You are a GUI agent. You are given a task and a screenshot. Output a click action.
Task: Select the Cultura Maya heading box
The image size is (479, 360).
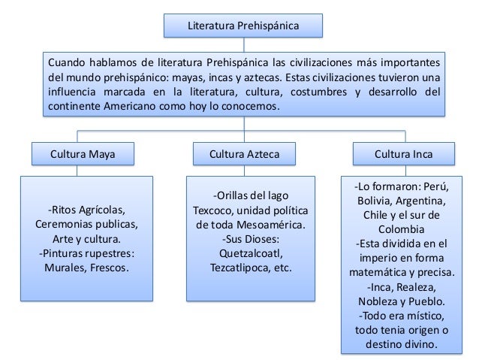pos(83,155)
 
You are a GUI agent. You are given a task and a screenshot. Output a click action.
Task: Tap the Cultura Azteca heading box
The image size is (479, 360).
pos(245,155)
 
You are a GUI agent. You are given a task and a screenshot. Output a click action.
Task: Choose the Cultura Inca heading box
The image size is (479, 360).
pos(403,155)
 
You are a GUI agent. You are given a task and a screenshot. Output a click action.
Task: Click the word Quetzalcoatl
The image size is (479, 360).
pos(245,253)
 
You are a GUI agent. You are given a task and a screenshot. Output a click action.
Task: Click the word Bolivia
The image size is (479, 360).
pos(376,201)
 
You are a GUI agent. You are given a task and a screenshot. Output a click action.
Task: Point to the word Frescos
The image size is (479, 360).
pos(110,267)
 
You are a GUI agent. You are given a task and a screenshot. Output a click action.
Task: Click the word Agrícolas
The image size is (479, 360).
pos(100,209)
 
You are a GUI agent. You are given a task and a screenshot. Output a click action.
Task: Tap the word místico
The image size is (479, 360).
pos(426,315)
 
